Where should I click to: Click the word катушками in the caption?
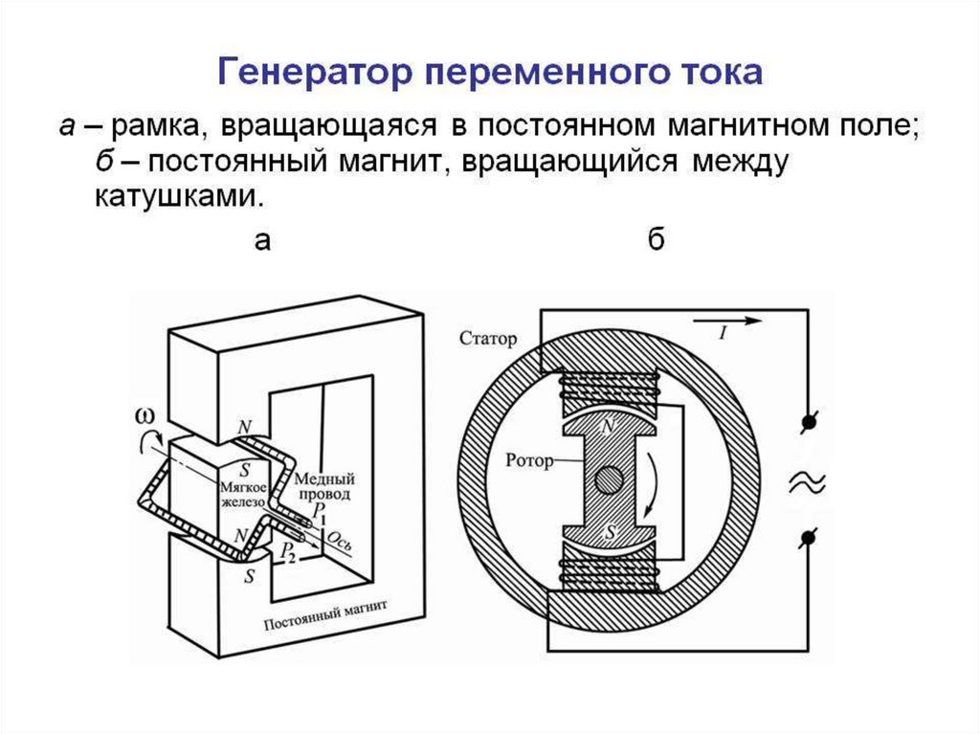177,198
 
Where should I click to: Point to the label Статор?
487,339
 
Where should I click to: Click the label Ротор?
530,461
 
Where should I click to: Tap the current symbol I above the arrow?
723,332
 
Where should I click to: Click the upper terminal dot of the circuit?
809,421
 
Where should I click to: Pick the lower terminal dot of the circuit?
809,540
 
